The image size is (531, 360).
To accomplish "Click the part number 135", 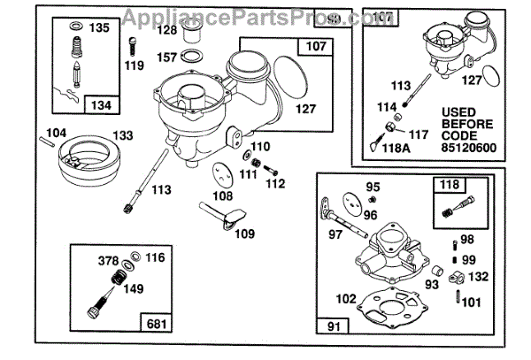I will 99,28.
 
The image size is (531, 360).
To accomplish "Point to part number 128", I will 167,29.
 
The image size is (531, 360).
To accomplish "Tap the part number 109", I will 244,234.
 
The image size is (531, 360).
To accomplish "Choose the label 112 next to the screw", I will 276,184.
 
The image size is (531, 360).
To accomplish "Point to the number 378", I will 107,260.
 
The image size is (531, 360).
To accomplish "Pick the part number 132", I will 479,276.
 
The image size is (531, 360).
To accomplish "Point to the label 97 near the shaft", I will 335,234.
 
